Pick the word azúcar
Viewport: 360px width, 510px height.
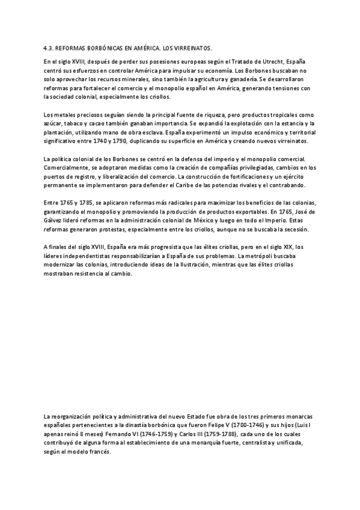pyautogui.click(x=53, y=123)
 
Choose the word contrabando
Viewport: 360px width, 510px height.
pyautogui.click(x=285, y=185)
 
